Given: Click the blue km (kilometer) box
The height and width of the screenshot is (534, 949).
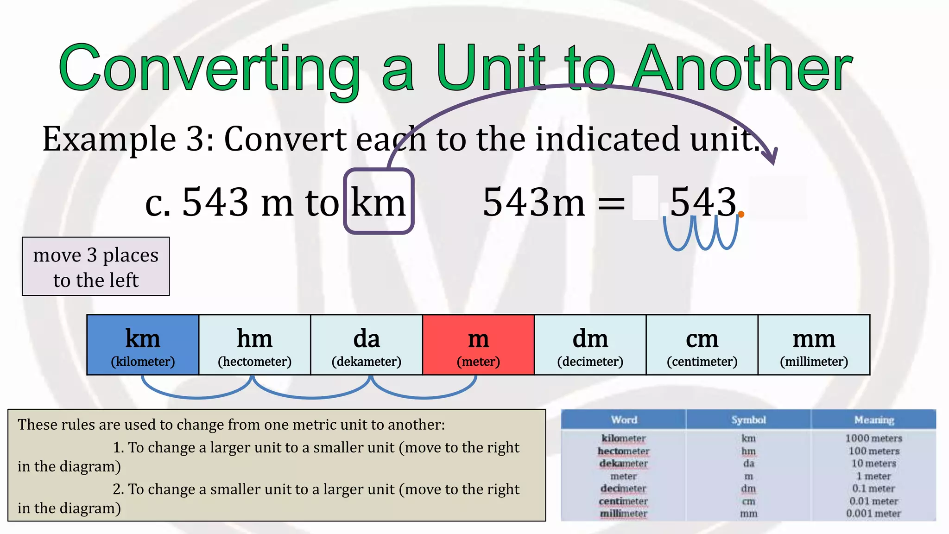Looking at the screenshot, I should coord(143,345).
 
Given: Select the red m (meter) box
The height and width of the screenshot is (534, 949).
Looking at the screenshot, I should coord(478,345).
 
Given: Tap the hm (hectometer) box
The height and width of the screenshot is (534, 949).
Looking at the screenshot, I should coord(254,345).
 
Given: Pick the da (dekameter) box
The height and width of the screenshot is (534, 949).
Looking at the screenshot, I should coord(366,345).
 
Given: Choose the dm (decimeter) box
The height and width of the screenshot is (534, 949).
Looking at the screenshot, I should coord(590,345).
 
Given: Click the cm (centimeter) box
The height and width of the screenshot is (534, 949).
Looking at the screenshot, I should coord(702,345).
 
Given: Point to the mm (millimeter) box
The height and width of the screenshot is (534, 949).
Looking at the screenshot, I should coord(814,345).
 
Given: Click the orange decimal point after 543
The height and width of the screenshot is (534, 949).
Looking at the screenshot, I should coord(741,214).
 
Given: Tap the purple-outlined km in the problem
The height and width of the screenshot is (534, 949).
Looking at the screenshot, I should coord(379,202).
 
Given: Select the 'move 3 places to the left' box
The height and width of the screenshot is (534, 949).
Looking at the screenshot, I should coord(96,267).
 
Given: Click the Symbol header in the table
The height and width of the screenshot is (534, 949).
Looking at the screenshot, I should coord(748,420).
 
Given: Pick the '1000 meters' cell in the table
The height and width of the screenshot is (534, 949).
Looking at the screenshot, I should coord(873,438).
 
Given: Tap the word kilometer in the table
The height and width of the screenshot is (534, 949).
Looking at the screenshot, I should coord(624,438).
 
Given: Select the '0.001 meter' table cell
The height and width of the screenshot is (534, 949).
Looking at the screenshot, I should coord(873,514).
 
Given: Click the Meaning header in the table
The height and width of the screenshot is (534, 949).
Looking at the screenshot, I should coord(874,420).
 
